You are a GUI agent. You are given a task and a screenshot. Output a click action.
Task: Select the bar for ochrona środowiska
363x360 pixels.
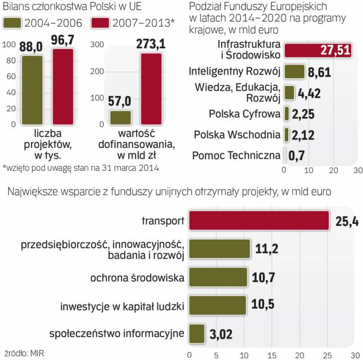pyautogui.click(x=218, y=277)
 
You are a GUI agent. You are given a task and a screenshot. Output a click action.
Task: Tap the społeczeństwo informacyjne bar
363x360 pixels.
pyautogui.click(x=196, y=334)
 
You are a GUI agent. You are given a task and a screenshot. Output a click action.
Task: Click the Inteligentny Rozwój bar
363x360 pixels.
pyautogui.click(x=291, y=71)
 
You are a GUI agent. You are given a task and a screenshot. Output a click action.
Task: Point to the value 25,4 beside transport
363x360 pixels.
pyautogui.click(x=344, y=221)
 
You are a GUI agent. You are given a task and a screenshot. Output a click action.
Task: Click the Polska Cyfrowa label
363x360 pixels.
pyautogui.click(x=244, y=114)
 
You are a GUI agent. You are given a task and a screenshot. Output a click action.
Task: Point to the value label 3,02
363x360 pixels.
pyautogui.click(x=221, y=334)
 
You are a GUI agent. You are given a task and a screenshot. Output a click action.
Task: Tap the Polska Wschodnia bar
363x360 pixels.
pyautogui.click(x=286, y=134)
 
